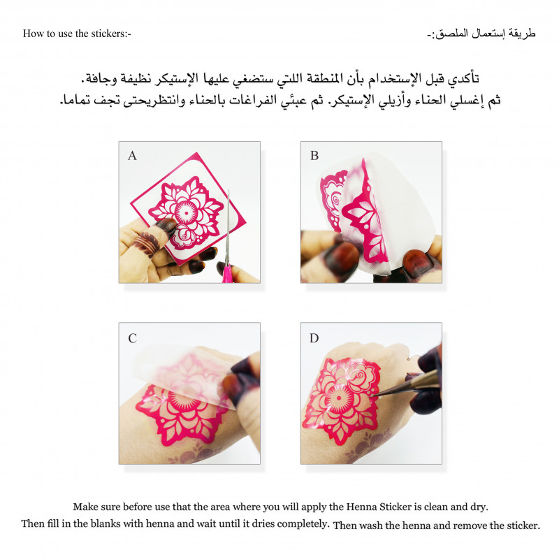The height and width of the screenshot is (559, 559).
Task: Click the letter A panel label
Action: (x=132, y=156)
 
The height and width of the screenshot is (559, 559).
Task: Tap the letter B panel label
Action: (x=314, y=156)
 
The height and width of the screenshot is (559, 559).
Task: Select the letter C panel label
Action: (x=132, y=338)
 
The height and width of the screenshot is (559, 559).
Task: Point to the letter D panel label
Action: (x=314, y=338)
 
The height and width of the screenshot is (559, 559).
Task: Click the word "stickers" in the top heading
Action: (x=107, y=34)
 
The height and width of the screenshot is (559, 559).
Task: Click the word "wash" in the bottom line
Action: (x=371, y=525)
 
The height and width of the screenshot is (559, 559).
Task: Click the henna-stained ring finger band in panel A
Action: (x=146, y=243)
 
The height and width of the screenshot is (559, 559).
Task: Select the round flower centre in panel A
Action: (x=186, y=213)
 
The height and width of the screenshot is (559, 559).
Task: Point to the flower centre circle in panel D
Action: (x=339, y=398)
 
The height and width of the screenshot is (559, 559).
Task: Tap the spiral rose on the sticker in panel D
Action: (x=358, y=375)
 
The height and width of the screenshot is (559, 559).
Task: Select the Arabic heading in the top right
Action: (x=481, y=34)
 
